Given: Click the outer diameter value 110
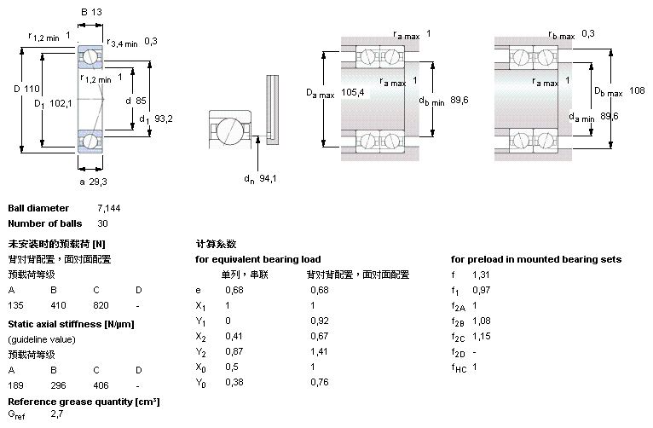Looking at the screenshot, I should pos(32,89).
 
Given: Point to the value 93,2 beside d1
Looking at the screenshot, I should pos(164,119).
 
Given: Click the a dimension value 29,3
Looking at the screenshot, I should pos(99,182).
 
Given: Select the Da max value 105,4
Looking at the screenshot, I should pos(352,92).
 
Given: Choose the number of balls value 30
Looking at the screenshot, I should pos(104,224).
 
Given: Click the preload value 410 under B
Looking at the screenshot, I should pos(58,304).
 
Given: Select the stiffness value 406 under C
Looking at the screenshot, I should pos(101,386).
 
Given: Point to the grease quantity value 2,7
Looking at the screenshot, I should pos(57,414).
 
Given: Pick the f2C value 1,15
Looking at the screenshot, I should pos(483,335).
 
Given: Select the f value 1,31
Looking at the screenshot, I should pos(482,275).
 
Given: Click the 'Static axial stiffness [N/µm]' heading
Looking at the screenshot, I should pos(71,324).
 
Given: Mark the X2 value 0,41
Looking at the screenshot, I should pos(234,335).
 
